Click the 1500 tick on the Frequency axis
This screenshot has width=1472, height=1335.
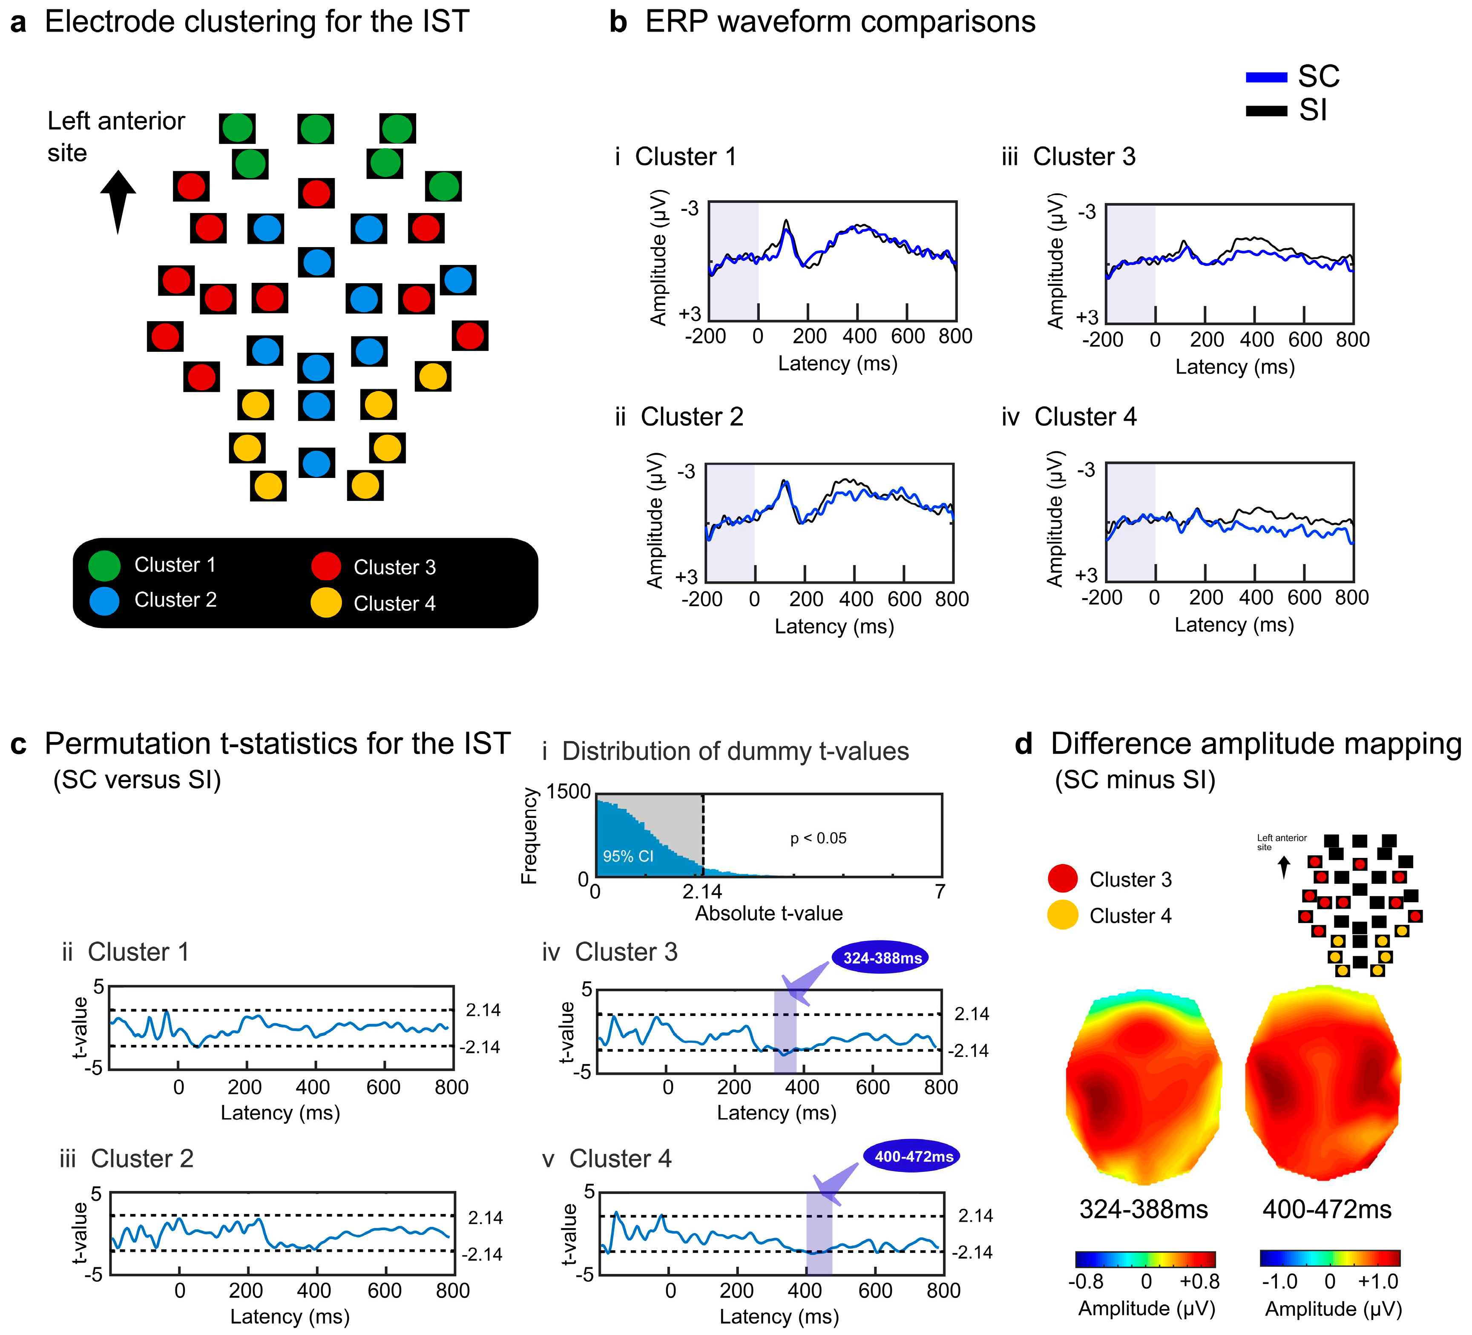(569, 791)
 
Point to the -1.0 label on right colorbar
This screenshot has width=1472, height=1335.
(1279, 1281)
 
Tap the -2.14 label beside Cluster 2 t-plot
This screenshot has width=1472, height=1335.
(482, 1254)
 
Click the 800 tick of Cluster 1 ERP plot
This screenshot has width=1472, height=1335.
(955, 336)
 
